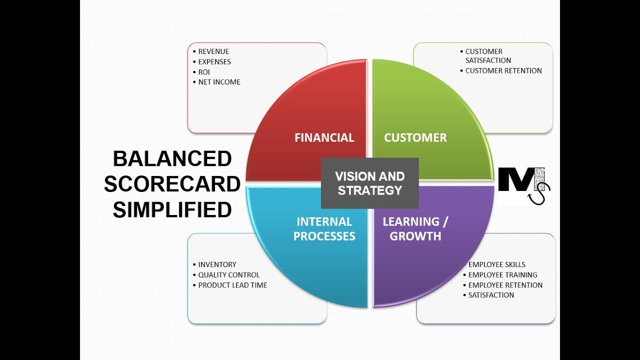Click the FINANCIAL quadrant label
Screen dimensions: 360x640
pos(324,137)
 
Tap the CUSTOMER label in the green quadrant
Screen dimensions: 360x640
pos(415,137)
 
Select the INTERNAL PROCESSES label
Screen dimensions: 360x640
pos(324,229)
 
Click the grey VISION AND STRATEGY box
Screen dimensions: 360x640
pos(369,183)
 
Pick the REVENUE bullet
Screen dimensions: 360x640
pos(213,51)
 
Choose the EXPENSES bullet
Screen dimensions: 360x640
pos(214,62)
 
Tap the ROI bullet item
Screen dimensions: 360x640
pos(204,72)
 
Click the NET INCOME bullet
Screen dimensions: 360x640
pos(219,82)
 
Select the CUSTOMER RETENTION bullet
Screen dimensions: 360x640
pos(503,71)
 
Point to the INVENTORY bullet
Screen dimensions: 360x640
pos(217,264)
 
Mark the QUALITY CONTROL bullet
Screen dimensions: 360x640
pos(229,275)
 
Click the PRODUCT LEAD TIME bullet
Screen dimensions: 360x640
pos(232,285)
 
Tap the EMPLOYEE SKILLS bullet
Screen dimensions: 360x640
pos(496,264)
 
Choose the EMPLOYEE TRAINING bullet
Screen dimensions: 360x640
pos(502,275)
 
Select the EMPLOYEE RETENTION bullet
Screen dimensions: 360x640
pos(505,285)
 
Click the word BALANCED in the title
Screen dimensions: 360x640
pos(172,159)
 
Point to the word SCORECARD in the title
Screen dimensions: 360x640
pos(172,184)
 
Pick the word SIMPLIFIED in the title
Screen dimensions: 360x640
pos(172,210)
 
